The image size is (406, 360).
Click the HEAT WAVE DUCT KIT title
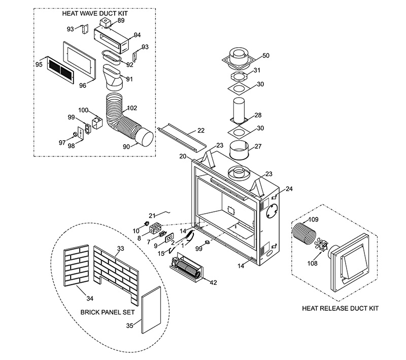[x=95, y=14]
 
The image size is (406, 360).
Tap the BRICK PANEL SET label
[x=108, y=312]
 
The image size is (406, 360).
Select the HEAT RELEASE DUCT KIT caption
[x=340, y=308]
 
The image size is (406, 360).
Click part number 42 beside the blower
[x=213, y=282]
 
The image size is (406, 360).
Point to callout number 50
[x=265, y=55]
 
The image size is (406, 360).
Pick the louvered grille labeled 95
[x=60, y=70]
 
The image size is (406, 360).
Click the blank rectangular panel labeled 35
[x=151, y=310]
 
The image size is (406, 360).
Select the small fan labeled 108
[x=321, y=245]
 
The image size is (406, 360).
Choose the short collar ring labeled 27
[x=239, y=150]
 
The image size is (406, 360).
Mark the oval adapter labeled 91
[x=113, y=78]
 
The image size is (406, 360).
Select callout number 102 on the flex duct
[x=132, y=108]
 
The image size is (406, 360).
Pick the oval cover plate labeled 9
[x=170, y=238]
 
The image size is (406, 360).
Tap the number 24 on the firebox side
[x=289, y=189]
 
